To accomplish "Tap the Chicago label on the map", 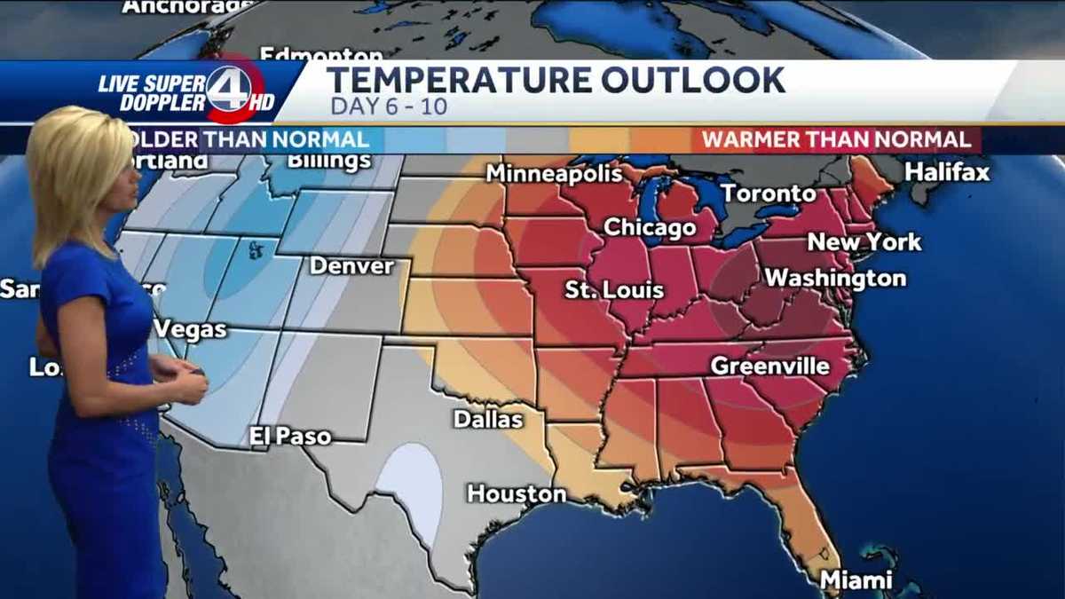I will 650,228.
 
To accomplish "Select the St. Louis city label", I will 613,290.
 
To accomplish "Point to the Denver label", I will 351,266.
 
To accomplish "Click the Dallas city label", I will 487,419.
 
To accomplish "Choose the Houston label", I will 517,494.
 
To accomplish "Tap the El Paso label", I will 290,437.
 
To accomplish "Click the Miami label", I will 856,580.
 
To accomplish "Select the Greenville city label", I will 769,366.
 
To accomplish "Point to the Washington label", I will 835,279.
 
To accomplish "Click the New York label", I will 864,241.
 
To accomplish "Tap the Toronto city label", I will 768,193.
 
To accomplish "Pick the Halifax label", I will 947,172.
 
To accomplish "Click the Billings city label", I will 329,162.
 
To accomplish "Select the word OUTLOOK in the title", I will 692,81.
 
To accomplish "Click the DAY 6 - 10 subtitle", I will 389,107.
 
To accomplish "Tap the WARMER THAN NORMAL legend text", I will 836,140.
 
